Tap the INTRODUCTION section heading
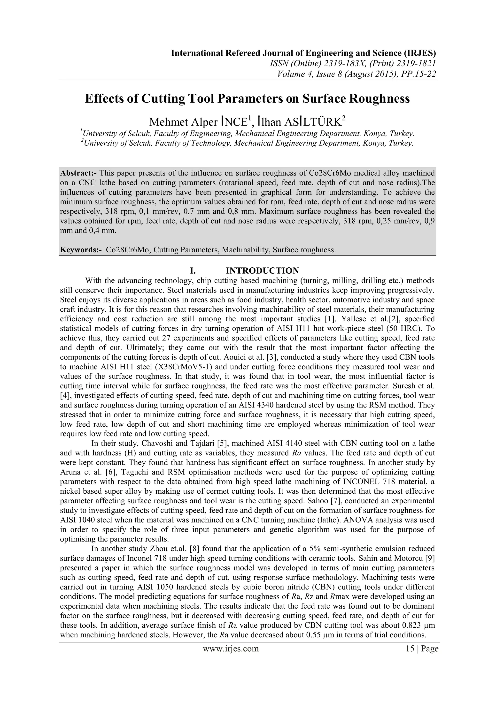[262, 271]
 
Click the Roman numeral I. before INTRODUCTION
[193, 271]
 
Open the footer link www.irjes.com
[231, 648]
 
